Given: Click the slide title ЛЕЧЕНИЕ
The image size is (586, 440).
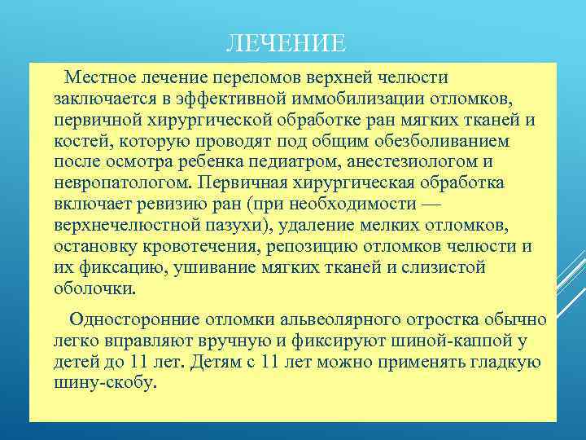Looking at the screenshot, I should pyautogui.click(x=286, y=42).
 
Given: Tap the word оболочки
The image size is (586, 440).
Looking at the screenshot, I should pyautogui.click(x=95, y=288).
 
